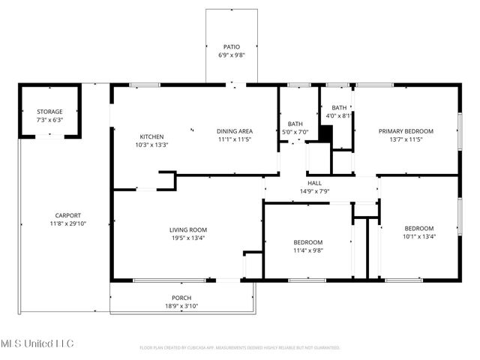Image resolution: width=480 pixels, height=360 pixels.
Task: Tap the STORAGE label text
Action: [50, 111]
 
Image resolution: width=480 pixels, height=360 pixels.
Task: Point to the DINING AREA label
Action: [235, 130]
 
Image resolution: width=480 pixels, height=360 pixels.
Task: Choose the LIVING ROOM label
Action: [187, 229]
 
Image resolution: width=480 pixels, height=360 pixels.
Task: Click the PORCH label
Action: [181, 298]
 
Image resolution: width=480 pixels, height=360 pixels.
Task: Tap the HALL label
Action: [315, 183]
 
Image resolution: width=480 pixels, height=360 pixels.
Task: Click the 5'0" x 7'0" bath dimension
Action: [295, 132]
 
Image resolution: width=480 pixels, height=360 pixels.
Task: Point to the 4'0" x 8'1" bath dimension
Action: [339, 116]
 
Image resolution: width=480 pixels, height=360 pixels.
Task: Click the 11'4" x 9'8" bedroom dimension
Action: [307, 250]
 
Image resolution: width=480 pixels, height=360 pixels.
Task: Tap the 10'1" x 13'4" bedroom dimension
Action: [419, 237]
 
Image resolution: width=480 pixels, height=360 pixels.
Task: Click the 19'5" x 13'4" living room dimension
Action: [187, 238]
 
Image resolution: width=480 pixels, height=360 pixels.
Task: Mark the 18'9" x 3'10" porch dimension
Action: [181, 306]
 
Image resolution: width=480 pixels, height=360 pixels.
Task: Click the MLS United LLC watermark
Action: [37, 343]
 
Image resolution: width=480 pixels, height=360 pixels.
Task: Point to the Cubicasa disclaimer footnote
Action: [240, 348]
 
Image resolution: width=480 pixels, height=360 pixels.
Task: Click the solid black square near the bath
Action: [325, 133]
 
